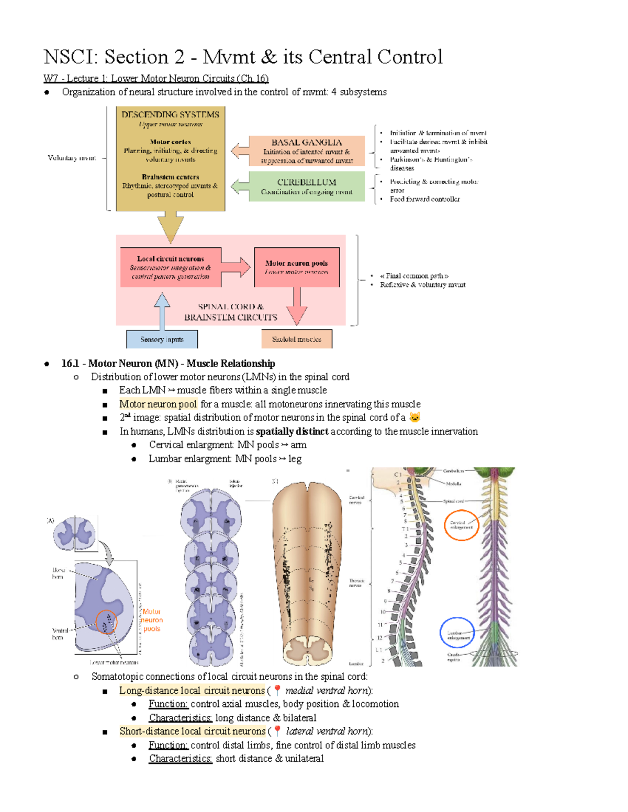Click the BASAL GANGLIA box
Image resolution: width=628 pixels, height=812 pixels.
pos(307,151)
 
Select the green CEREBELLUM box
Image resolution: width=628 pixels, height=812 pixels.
pos(307,187)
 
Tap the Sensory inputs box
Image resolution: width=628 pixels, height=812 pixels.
pos(162,339)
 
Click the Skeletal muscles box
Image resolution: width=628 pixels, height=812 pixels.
pos(296,339)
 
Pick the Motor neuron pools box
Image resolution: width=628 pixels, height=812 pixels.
pos(296,267)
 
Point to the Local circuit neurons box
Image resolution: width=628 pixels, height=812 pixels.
pos(171,267)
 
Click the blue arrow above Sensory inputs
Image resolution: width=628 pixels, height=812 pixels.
pos(162,311)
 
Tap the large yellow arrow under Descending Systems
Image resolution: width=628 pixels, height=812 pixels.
pos(171,226)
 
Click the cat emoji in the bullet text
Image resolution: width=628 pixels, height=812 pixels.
pos(414,417)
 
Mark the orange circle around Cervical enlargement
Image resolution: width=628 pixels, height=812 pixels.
pos(461,524)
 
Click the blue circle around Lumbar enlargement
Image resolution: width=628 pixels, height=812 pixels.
pos(457,633)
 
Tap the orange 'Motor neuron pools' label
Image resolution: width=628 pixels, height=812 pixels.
pos(152,620)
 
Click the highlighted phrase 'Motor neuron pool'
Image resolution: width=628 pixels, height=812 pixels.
pos(158,404)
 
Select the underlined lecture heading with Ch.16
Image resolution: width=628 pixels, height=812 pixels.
pos(156,78)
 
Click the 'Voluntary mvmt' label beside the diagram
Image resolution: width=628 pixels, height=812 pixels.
pos(72,158)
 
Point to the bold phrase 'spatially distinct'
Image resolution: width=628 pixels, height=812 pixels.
pos(292,431)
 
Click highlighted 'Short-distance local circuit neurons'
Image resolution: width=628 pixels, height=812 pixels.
pos(192,731)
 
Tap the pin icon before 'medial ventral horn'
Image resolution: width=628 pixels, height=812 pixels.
pos(277,690)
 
